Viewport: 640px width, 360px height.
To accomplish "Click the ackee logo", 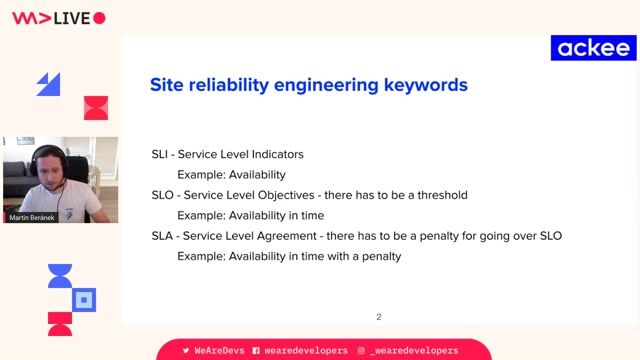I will click(x=593, y=48).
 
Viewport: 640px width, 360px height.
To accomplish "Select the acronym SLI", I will click(x=160, y=155).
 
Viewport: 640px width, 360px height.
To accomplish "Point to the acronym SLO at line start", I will click(x=162, y=195).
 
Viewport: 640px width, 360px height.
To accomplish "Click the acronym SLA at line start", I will click(x=162, y=236).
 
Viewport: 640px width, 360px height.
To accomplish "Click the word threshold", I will click(x=438, y=195).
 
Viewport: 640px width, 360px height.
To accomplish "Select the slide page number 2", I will click(x=378, y=317).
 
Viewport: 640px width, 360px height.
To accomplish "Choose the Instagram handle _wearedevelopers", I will click(x=413, y=351).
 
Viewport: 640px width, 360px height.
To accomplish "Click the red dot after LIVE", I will click(x=99, y=18).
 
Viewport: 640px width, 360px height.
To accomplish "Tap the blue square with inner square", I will click(x=86, y=298).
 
